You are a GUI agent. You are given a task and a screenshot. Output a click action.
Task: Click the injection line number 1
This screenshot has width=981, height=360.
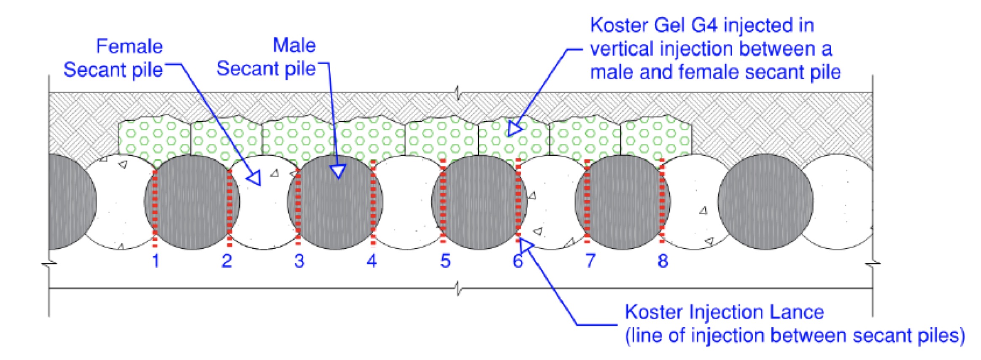tap(156, 261)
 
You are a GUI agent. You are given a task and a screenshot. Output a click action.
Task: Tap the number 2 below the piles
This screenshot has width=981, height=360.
tap(227, 261)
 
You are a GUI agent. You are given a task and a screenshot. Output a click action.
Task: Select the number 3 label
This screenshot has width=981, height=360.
tap(299, 261)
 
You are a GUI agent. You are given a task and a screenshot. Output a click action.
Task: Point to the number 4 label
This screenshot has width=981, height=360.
tap(371, 261)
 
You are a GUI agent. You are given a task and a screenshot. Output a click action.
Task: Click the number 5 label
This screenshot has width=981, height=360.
tap(445, 261)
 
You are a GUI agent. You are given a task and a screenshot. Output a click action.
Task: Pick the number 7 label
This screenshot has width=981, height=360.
tap(590, 261)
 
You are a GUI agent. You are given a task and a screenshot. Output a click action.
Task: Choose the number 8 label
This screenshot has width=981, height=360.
tap(663, 261)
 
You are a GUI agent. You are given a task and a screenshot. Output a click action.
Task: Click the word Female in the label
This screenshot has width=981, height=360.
tap(129, 46)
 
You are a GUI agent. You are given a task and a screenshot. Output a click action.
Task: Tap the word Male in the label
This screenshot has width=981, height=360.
tap(294, 46)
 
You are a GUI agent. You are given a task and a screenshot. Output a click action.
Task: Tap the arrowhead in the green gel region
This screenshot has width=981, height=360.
tap(514, 129)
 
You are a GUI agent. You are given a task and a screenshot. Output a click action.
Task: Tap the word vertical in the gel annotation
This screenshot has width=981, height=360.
tap(621, 49)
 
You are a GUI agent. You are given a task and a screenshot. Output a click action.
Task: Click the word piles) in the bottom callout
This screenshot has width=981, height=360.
tap(940, 336)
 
